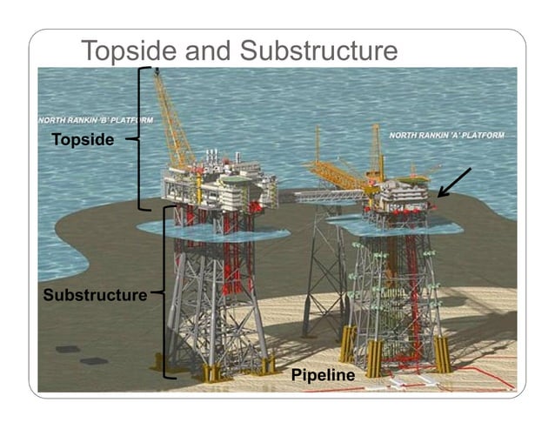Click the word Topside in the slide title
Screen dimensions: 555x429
(x=130, y=51)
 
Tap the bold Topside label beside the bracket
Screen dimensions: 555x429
(x=83, y=139)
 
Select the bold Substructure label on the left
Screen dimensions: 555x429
(x=96, y=295)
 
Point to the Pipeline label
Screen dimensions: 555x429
(x=324, y=376)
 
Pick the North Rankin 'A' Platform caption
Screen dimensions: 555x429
(x=446, y=136)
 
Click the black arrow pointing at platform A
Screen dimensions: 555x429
(x=454, y=183)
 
